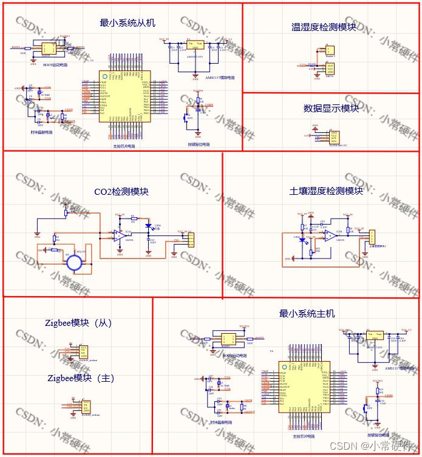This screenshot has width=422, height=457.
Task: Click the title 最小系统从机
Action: pyautogui.click(x=128, y=23)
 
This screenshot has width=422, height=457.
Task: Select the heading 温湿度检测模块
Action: pyautogui.click(x=324, y=27)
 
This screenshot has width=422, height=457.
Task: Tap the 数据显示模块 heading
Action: pyautogui.click(x=331, y=109)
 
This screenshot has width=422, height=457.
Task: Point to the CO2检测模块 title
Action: pyautogui.click(x=121, y=192)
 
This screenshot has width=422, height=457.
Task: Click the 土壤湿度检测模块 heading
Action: pyautogui.click(x=326, y=191)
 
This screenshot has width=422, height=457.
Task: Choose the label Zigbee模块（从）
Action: pyautogui.click(x=78, y=323)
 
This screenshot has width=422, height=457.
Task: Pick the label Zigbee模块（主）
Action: pyautogui.click(x=80, y=378)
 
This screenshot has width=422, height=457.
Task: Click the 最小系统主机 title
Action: pyautogui.click(x=307, y=314)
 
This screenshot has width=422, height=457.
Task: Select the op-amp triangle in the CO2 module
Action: pyautogui.click(x=117, y=235)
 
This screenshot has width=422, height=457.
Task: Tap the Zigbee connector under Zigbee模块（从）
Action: pyautogui.click(x=83, y=351)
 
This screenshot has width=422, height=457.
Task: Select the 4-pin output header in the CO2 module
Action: pyautogui.click(x=190, y=240)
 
